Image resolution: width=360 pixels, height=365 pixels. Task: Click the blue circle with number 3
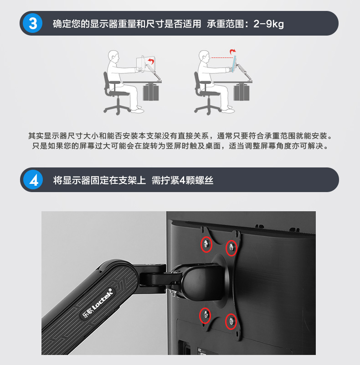pos(33,23)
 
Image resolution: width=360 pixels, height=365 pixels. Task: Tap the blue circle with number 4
pos(33,180)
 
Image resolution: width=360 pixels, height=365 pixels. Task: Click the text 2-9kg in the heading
pos(268,24)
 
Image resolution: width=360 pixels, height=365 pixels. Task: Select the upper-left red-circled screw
pos(206,244)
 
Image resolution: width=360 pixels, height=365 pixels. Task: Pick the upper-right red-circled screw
pos(231,247)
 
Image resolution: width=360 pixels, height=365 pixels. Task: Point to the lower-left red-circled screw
pos(205,315)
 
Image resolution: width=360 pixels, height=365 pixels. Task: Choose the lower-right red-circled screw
pos(231,321)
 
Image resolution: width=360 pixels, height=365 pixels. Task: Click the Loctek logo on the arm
pos(97,303)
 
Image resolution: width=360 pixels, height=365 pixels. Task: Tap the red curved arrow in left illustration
pos(151,62)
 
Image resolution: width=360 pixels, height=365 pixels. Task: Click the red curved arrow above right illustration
pos(232,51)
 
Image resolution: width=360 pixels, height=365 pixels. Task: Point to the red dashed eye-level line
pos(222,57)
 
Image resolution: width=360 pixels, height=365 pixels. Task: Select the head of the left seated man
pos(113,56)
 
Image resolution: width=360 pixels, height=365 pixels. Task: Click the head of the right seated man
pos(204,56)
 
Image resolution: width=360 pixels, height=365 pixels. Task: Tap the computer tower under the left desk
pos(151,92)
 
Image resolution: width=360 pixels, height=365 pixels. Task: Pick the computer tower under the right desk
pos(242,92)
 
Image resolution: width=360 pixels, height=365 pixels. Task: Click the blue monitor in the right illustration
pos(234,64)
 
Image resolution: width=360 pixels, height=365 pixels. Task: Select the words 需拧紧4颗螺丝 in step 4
pos(182,180)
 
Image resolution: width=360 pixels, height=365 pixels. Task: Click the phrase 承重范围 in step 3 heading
pos(225,24)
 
